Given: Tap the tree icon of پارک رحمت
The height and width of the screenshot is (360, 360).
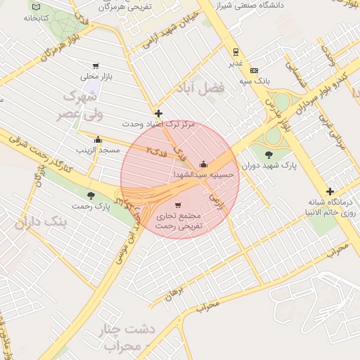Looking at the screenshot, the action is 90,195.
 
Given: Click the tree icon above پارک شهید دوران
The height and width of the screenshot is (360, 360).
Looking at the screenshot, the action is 269,155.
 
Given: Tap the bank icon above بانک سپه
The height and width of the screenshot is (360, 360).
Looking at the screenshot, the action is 254,70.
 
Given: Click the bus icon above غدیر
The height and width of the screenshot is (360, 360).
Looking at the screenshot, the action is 236,51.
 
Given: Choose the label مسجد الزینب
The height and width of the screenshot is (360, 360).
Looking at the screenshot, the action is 96,150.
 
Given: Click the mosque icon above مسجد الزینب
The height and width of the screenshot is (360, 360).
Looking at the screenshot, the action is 98,139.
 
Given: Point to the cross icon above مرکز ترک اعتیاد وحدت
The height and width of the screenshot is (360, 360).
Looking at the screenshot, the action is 158,113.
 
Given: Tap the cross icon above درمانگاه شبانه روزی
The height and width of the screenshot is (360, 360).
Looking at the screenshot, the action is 330,191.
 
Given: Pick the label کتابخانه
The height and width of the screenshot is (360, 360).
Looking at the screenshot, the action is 35,18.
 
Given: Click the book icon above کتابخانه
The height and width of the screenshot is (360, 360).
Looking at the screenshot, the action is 35,7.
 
